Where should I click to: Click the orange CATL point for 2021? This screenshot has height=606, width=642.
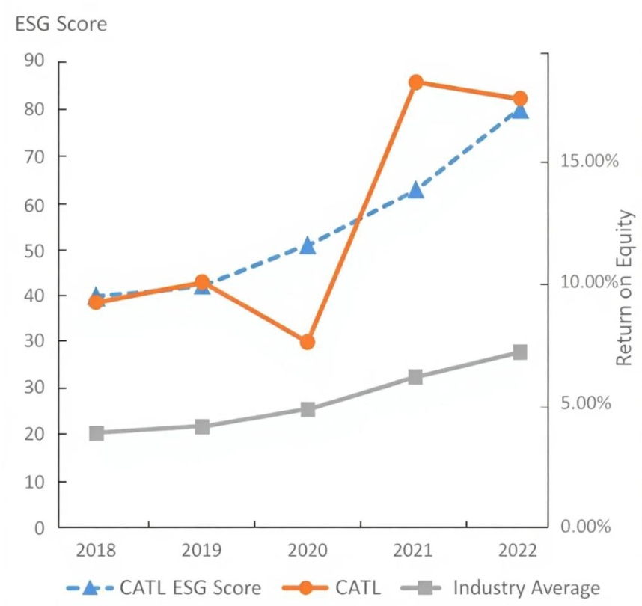[415, 82]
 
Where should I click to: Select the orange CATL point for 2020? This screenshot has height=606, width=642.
[308, 342]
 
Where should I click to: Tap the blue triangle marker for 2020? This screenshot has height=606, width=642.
[308, 245]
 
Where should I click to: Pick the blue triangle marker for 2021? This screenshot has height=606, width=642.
[415, 190]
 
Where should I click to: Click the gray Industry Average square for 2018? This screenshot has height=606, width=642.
[96, 433]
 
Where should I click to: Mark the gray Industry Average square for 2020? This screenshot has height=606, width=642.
[308, 409]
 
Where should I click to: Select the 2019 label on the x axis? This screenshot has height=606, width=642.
[201, 551]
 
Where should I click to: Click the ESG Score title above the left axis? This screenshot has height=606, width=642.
[61, 25]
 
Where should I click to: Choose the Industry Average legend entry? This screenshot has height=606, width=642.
[526, 587]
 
